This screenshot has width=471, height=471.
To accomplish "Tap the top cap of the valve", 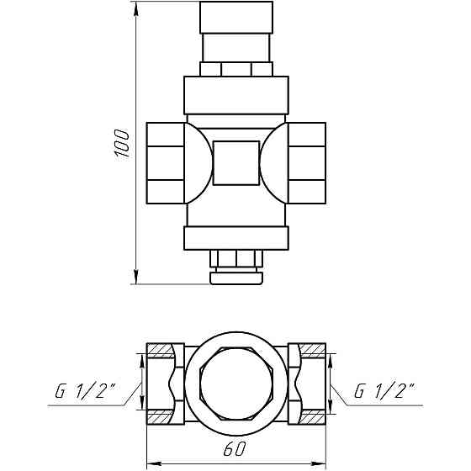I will click(236, 17).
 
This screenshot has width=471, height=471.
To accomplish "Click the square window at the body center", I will click(236, 163).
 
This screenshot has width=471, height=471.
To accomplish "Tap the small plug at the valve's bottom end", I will click(236, 274).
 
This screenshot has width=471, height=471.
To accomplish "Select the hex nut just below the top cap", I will click(236, 68).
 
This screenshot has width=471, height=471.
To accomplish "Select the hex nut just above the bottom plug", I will click(236, 257).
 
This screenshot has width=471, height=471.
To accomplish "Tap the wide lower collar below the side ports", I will click(236, 237).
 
